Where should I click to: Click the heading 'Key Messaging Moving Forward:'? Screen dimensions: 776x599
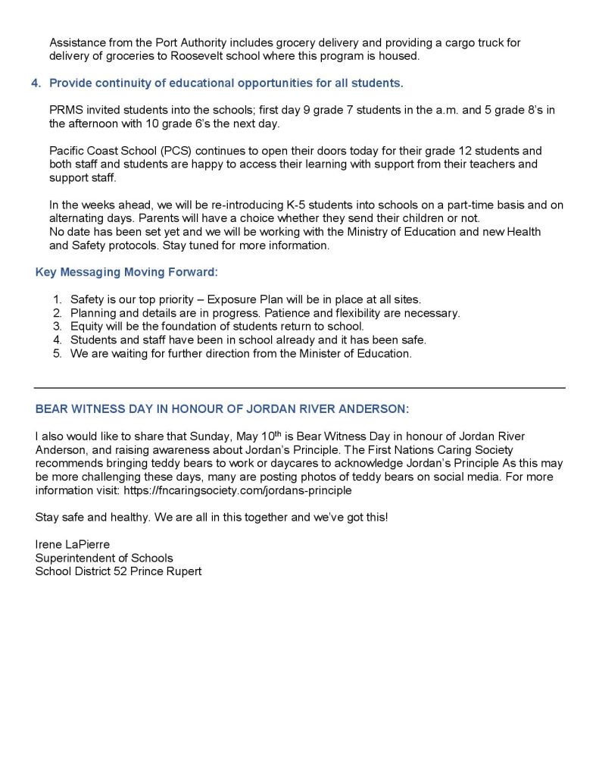[126, 271]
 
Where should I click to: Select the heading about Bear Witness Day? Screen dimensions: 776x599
[222, 408]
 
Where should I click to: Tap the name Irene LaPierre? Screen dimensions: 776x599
[73, 544]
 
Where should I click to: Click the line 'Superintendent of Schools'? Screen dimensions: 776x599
[104, 558]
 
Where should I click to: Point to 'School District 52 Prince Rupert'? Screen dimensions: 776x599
[118, 571]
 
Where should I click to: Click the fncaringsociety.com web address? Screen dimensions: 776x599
[236, 490]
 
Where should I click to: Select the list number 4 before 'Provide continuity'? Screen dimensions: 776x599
[36, 83]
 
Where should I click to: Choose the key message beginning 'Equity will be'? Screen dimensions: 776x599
[217, 327]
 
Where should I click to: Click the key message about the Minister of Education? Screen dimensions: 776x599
[241, 354]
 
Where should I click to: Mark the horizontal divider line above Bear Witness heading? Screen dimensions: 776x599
[300, 388]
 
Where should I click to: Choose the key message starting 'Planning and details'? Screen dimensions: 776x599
[265, 313]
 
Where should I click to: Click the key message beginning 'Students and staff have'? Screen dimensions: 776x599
[248, 340]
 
